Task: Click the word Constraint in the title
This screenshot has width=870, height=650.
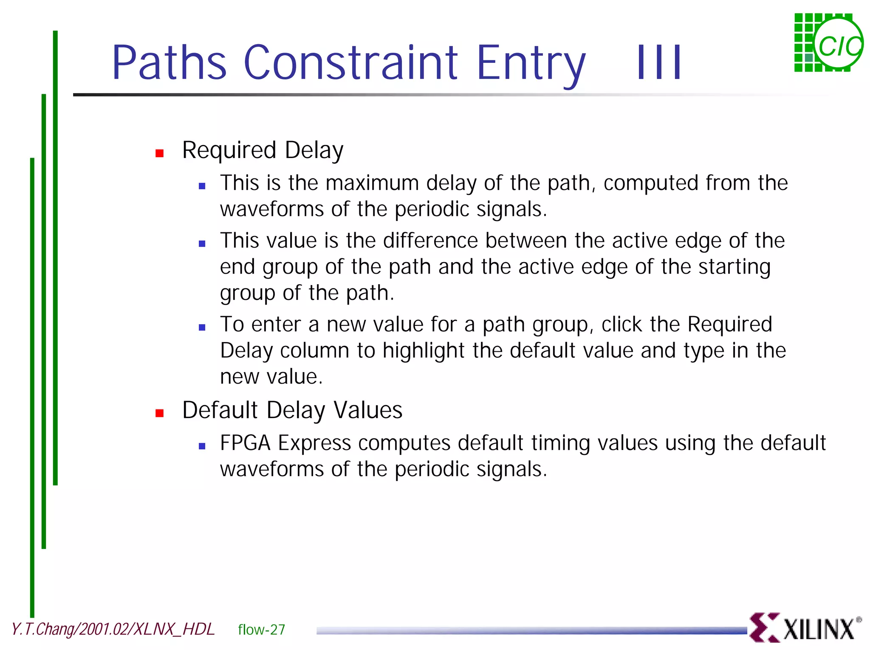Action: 350,62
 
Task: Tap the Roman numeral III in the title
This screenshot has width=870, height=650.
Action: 659,62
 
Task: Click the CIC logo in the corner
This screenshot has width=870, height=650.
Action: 828,43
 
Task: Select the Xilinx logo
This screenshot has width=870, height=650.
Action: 805,628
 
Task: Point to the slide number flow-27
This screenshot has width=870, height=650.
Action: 261,630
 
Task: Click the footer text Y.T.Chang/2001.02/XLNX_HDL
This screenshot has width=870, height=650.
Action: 113,629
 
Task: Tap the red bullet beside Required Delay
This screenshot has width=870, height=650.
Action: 160,153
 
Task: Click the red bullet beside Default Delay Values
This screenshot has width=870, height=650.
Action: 160,413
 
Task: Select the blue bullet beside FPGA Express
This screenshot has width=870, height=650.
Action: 202,446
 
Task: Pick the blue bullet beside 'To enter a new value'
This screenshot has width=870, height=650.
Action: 202,328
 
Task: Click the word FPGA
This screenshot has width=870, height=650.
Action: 245,443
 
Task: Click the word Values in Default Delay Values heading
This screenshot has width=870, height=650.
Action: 368,410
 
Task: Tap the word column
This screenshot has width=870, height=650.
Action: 315,351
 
